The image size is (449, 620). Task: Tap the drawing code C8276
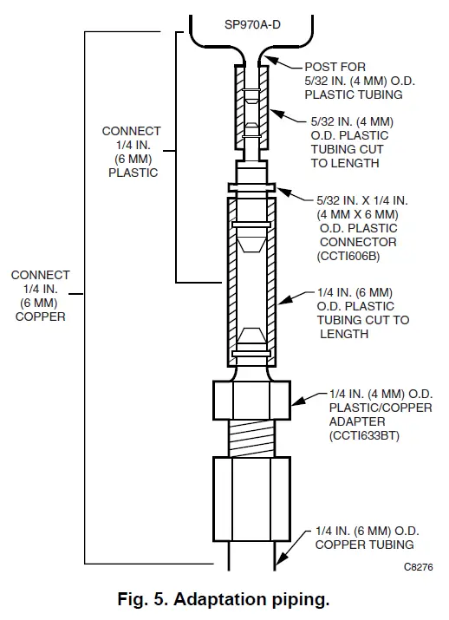point(418,568)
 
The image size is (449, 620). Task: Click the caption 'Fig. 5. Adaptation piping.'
point(224,599)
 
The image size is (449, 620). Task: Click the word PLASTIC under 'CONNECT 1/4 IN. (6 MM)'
point(131,172)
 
